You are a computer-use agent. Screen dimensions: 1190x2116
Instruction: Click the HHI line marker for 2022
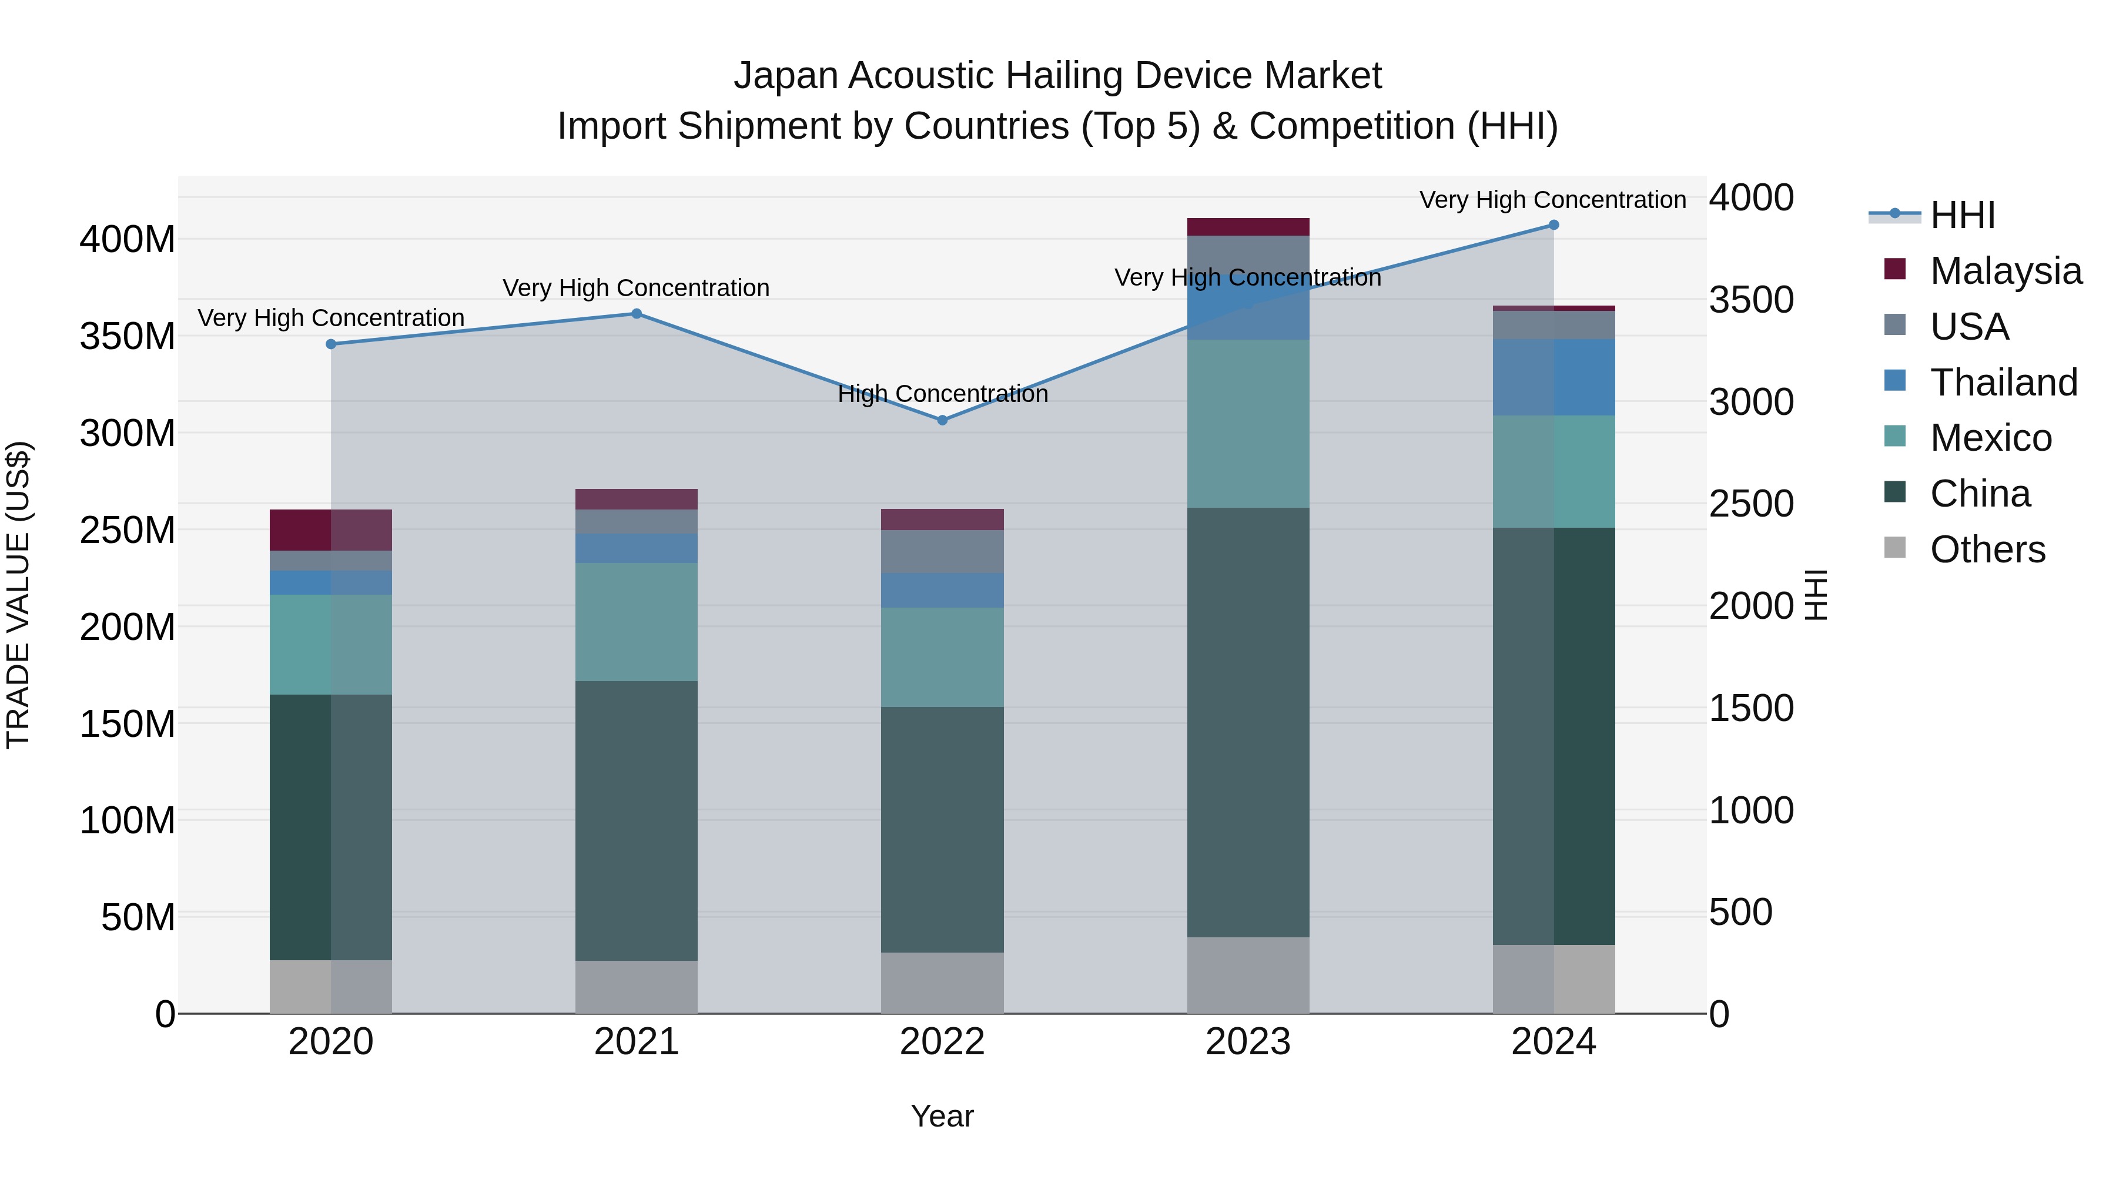coord(942,421)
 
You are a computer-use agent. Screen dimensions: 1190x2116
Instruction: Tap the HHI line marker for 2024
coord(1553,225)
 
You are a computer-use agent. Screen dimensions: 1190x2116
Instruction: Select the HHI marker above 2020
coord(331,344)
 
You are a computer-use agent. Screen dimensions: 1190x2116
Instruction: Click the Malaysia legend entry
coord(2004,271)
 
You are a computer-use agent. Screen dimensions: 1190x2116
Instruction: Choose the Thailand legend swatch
coord(1894,381)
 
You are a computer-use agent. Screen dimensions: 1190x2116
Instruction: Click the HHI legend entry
coord(1961,215)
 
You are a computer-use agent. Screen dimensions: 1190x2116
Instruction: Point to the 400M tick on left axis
coord(128,240)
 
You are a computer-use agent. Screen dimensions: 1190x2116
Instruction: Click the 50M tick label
coord(138,917)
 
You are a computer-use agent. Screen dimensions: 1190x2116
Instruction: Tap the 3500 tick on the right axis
coord(1752,300)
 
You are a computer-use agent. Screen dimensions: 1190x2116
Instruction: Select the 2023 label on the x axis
coord(1248,1042)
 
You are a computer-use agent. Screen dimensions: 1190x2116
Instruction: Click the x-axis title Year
coord(942,1116)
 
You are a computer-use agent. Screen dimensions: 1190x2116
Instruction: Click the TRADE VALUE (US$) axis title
coord(18,595)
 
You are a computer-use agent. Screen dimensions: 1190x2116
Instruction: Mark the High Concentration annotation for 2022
coord(942,394)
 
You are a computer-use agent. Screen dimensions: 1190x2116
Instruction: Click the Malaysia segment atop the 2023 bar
coord(1248,227)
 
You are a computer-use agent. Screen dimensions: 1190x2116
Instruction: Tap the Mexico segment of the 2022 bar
coord(942,656)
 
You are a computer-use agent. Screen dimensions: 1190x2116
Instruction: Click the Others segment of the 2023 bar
coord(1248,975)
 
